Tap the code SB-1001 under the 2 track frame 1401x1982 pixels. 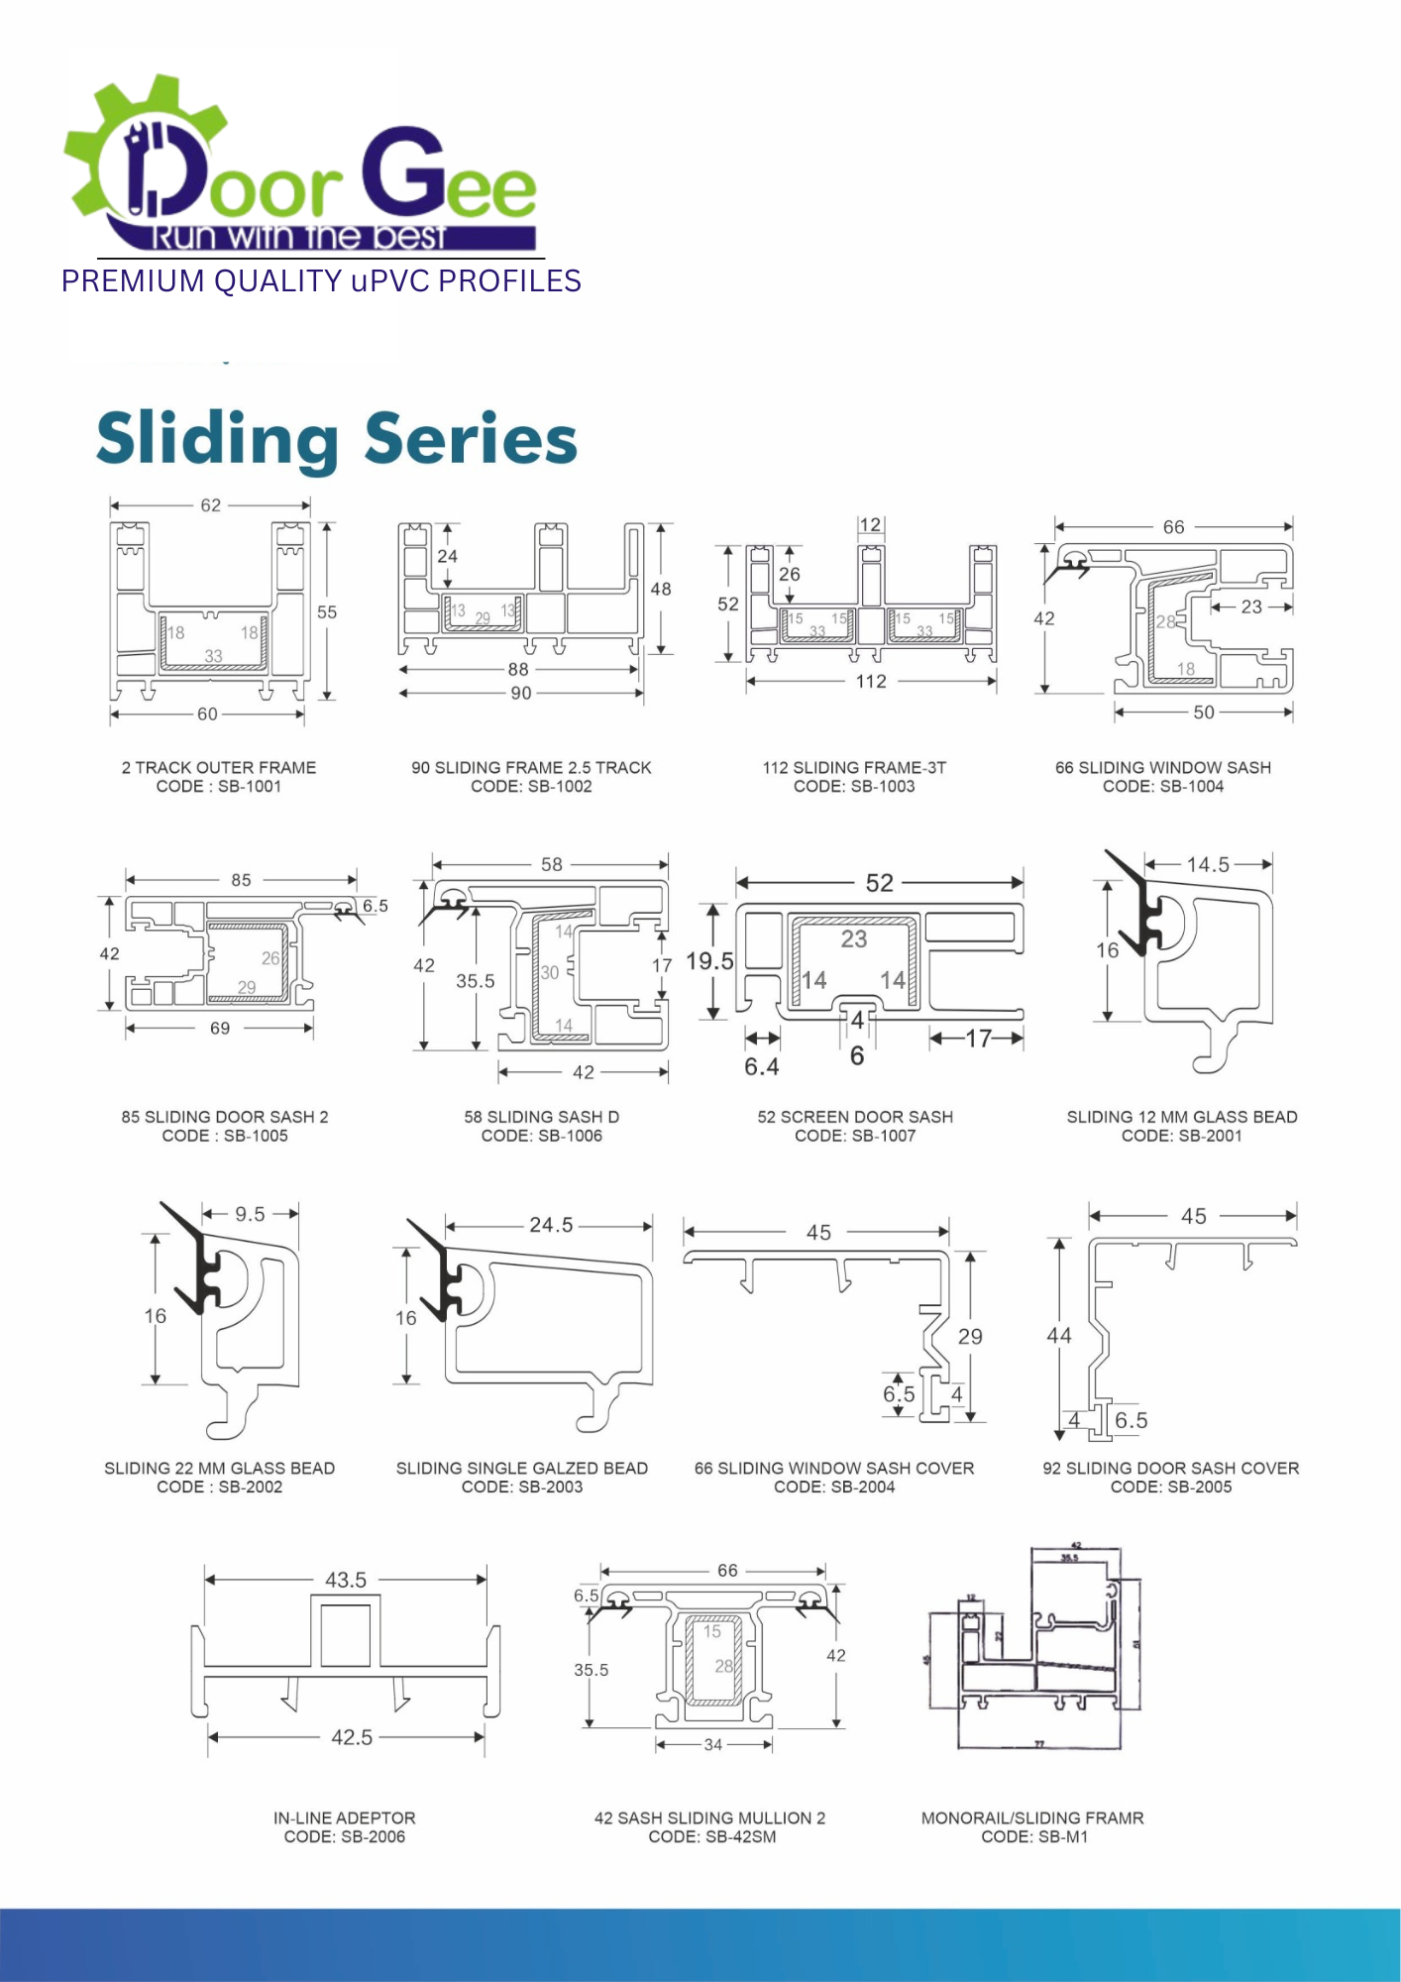(x=250, y=787)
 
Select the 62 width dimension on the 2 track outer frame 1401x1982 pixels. (x=211, y=505)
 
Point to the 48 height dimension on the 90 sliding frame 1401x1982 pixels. (x=661, y=590)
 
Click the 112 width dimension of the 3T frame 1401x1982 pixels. (x=871, y=682)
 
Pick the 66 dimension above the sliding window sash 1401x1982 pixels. (x=1173, y=527)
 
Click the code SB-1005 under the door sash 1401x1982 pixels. (x=256, y=1136)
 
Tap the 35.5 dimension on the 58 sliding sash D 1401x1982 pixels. (x=476, y=981)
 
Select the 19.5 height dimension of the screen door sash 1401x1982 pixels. (x=709, y=961)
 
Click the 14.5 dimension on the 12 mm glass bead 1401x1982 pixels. (x=1208, y=865)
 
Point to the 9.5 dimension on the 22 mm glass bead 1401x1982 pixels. (x=250, y=1215)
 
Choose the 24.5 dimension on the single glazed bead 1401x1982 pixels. (x=551, y=1226)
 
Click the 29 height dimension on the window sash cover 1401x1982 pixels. (x=970, y=1337)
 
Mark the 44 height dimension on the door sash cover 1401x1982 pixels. (x=1059, y=1336)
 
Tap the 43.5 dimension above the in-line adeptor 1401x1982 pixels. (x=346, y=1581)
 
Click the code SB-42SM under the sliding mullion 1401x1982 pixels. (x=740, y=1837)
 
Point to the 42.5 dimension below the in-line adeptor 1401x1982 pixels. (x=352, y=1738)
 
